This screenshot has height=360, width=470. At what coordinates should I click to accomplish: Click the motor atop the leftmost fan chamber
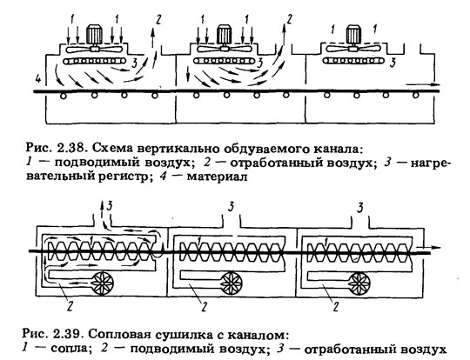pos(94,35)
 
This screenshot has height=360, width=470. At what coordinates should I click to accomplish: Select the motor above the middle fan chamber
pos(224,35)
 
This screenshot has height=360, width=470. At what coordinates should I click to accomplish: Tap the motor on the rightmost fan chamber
pos(354,35)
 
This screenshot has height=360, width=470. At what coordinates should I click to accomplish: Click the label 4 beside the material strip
pos(37,79)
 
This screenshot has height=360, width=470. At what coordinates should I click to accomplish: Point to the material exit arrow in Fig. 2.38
pos(423,84)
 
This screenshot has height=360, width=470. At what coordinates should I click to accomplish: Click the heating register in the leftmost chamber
pos(95,61)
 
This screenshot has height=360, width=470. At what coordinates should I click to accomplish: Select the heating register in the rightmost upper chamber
pos(354,61)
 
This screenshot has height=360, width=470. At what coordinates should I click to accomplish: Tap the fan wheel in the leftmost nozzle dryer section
pos(103,282)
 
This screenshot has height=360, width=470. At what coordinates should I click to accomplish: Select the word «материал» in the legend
pos(218,177)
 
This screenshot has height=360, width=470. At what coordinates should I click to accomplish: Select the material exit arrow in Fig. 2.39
pos(429,248)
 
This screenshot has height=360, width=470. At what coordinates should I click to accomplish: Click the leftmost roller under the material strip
pos(64,96)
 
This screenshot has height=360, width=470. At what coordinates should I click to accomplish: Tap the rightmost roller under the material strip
pos(415,96)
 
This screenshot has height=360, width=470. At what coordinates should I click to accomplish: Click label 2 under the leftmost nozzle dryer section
pos(70,306)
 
